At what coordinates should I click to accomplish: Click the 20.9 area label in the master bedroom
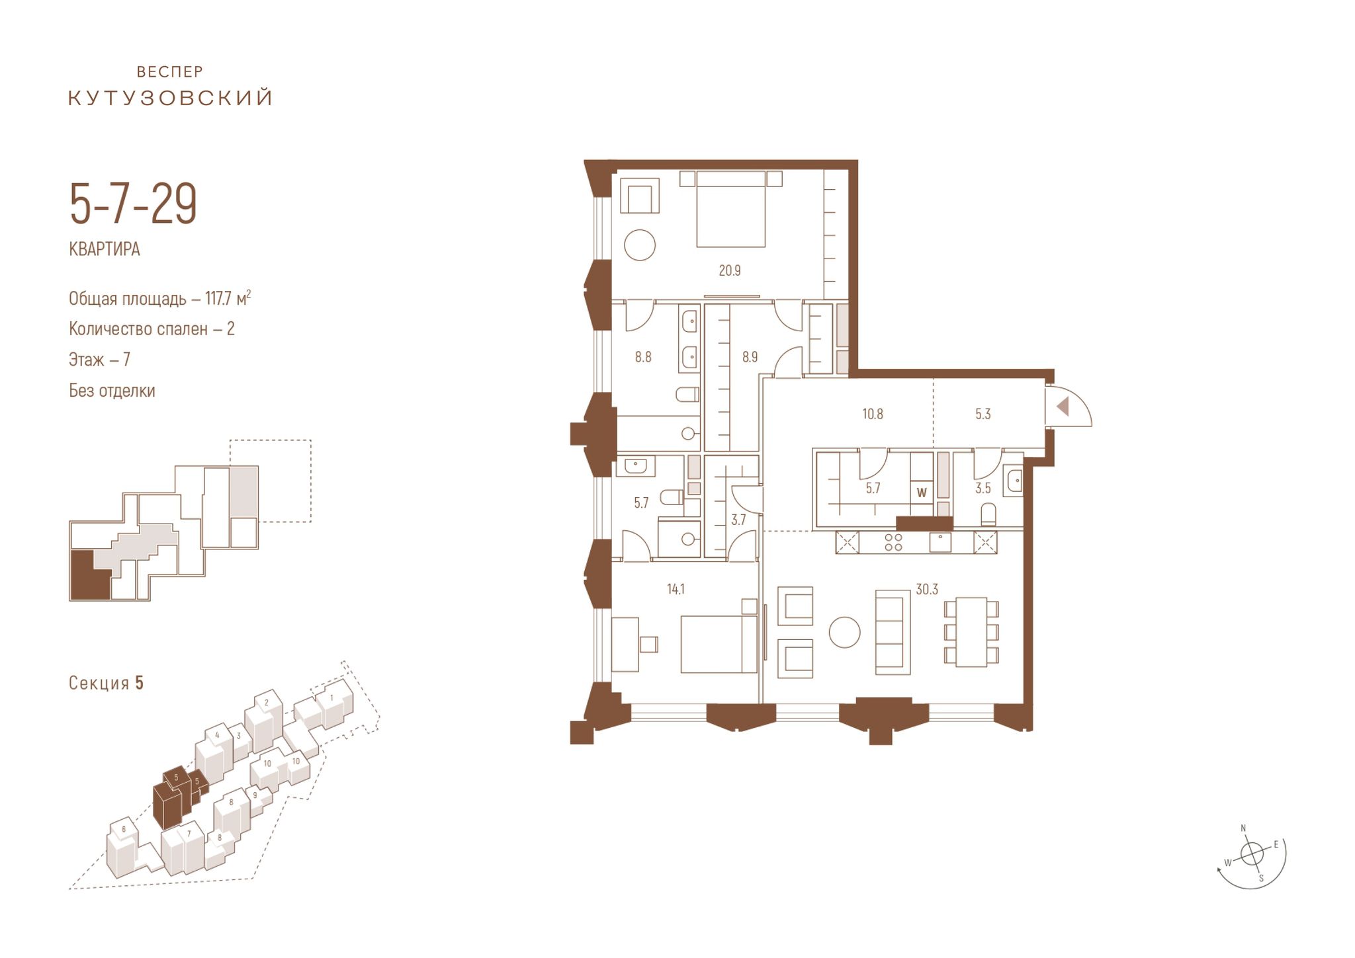pos(730,270)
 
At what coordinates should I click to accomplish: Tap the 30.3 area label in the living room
pos(927,589)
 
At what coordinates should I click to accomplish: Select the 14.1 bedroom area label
pos(676,589)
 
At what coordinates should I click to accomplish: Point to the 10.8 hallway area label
pos(873,415)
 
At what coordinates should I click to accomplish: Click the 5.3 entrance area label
pos(983,415)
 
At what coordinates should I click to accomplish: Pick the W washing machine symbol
pos(922,493)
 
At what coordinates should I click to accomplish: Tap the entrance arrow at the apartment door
pos(1063,406)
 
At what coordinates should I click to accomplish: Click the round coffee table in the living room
pos(844,632)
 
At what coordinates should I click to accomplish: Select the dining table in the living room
pos(971,632)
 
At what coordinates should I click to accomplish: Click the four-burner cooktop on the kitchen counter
pos(893,542)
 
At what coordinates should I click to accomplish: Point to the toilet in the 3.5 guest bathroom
pos(988,514)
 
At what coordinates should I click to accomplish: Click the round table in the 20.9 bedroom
pos(640,245)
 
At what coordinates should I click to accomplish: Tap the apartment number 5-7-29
pos(134,204)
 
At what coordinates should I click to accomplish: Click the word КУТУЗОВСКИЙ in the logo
pos(171,98)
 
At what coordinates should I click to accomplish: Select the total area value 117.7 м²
pos(228,298)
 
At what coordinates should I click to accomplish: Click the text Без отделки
pos(112,391)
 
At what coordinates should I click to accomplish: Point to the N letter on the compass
pos(1243,828)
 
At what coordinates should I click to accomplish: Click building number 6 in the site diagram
pos(124,829)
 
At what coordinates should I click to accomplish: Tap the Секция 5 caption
pos(106,683)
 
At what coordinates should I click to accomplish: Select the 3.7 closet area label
pos(738,520)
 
